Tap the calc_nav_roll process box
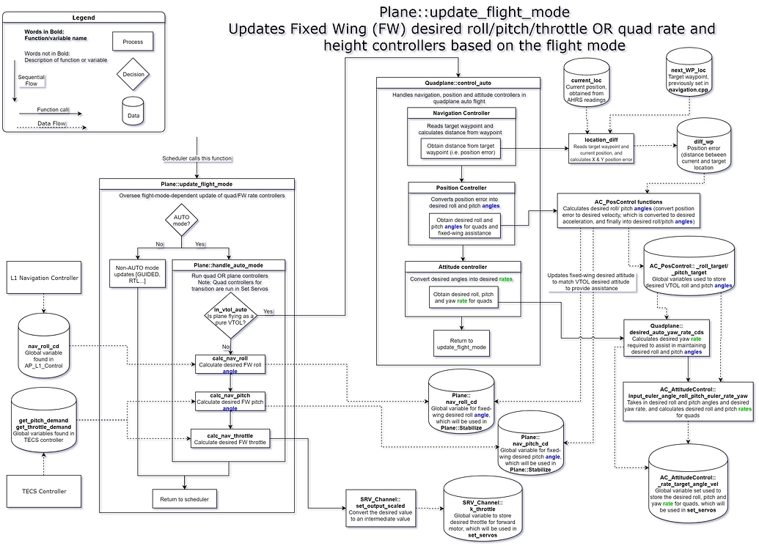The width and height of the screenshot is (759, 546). [230, 364]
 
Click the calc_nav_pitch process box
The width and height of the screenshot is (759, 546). [230, 401]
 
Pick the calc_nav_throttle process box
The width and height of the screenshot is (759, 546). [230, 438]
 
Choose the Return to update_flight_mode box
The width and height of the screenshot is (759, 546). [461, 342]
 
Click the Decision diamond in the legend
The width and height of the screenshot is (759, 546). [133, 75]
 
